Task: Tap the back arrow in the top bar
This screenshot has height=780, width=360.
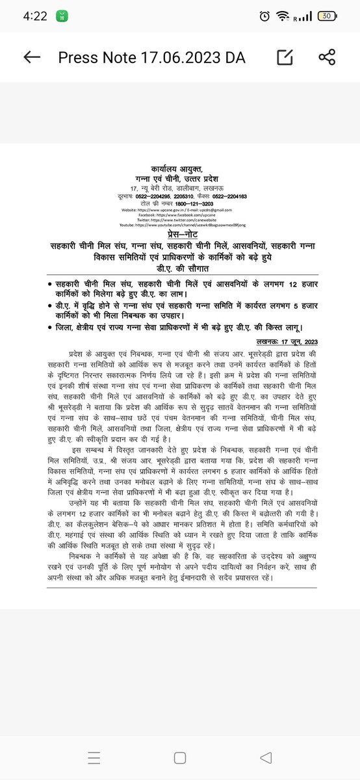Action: (32, 57)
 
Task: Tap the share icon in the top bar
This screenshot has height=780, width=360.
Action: (326, 57)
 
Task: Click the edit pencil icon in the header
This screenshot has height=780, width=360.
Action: (285, 57)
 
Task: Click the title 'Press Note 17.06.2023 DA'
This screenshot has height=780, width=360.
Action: (151, 57)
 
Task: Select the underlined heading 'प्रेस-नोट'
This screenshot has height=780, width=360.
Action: (180, 233)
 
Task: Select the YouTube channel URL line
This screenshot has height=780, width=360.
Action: (180, 225)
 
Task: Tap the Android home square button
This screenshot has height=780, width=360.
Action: (179, 757)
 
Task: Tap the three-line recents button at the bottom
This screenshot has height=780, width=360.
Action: (95, 757)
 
